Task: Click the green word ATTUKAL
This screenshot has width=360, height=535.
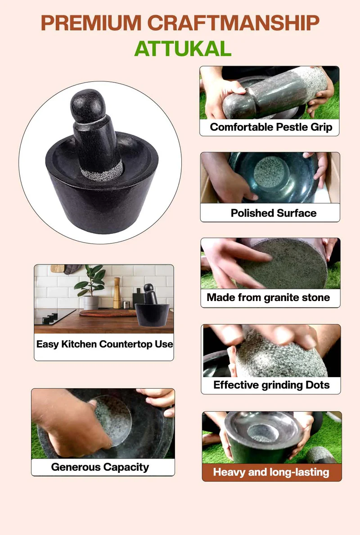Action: point(183,48)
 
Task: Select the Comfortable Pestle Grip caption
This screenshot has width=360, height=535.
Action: point(271,127)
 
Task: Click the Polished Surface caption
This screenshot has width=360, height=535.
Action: point(273,213)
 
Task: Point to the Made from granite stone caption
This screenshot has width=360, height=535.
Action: point(268,297)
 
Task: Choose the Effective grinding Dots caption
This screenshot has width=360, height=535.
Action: point(271,385)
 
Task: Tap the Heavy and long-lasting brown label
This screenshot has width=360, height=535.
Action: point(271,472)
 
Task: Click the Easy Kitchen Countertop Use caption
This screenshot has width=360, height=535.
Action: point(104,344)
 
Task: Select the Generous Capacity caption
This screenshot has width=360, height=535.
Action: point(100,467)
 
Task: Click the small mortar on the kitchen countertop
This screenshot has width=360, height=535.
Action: point(152,308)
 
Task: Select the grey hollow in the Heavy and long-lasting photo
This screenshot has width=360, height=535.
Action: point(263,433)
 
